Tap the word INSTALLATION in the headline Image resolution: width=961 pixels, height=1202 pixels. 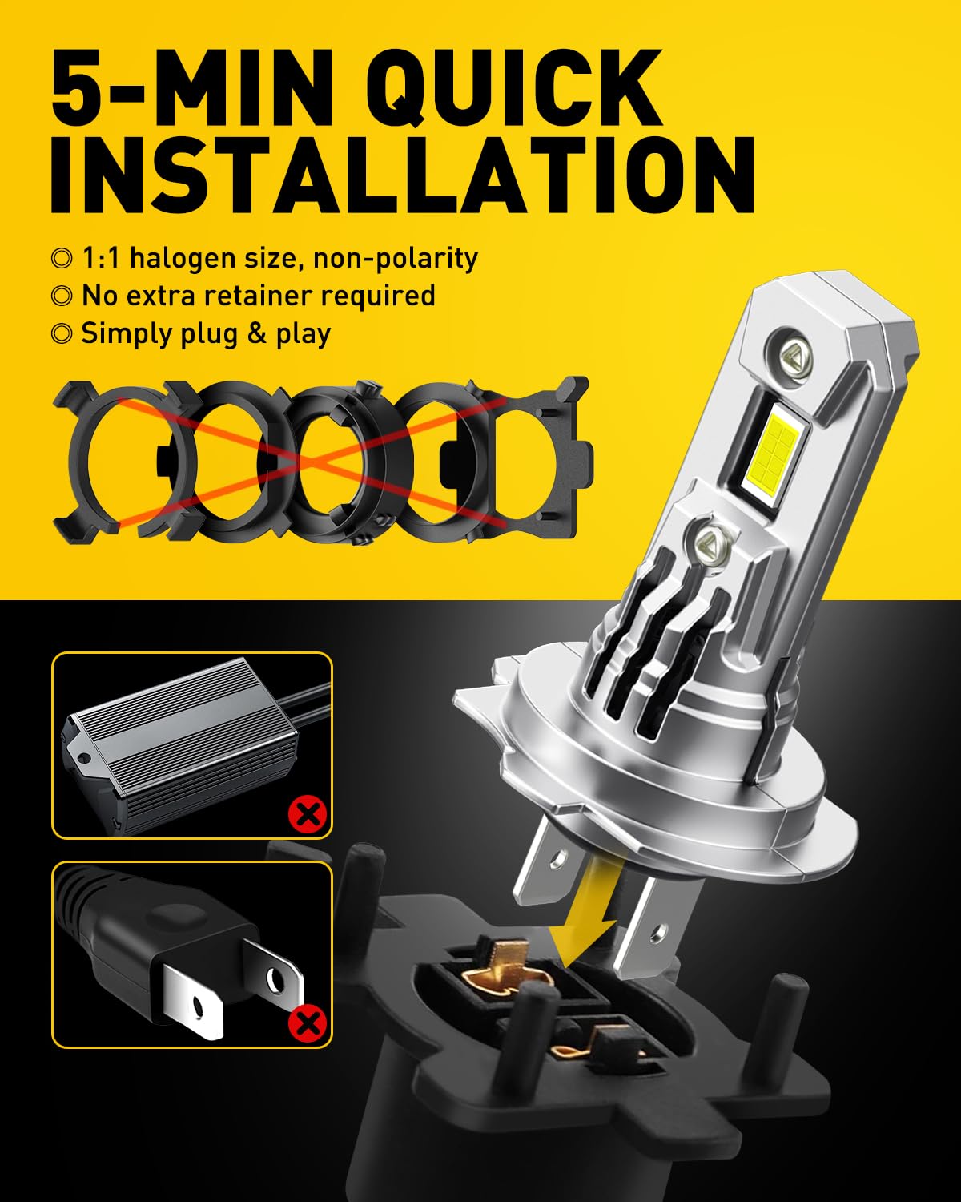(403, 174)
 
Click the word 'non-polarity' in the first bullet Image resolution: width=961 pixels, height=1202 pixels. (396, 258)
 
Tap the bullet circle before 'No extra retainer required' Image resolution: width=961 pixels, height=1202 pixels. (62, 296)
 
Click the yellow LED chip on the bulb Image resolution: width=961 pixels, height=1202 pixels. (774, 451)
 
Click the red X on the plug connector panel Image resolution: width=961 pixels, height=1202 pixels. (308, 1023)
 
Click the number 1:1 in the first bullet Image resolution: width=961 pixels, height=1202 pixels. (101, 258)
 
